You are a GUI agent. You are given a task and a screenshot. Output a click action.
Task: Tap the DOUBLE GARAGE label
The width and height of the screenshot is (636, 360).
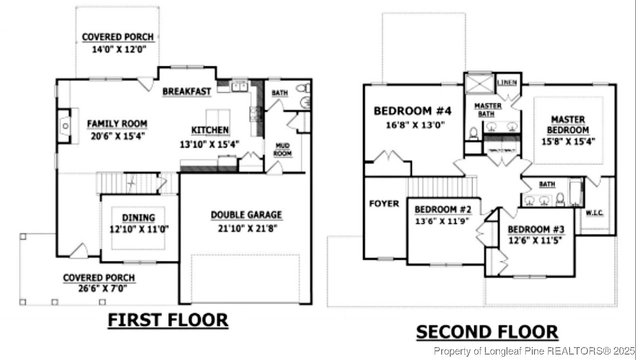click(246, 215)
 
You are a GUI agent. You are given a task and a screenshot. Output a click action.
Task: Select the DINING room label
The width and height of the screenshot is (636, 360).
click(138, 218)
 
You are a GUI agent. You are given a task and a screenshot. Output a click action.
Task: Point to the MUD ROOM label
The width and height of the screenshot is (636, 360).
click(283, 149)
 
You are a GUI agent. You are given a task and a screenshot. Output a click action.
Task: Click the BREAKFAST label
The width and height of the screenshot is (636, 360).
click(187, 92)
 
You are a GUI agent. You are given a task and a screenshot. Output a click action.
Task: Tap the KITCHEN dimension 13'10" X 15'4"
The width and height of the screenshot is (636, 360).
click(210, 144)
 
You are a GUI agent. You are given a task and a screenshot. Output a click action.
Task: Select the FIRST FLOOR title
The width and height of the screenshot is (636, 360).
click(168, 320)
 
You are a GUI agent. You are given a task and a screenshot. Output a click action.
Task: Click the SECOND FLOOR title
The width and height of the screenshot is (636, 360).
click(486, 332)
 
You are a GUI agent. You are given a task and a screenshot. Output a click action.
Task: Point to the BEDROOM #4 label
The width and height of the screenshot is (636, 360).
click(412, 111)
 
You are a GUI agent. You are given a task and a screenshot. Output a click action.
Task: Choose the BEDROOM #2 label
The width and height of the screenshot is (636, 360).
click(443, 209)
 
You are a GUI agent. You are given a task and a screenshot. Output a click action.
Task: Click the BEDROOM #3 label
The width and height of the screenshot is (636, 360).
click(536, 228)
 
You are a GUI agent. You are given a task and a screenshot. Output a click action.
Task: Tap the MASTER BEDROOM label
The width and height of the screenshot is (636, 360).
click(567, 125)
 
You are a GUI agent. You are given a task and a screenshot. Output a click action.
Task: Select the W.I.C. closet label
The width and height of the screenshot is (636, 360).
click(594, 213)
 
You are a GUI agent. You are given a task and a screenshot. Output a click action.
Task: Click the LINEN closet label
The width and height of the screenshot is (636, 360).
click(507, 83)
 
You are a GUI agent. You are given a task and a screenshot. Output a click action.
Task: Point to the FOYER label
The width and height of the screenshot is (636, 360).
click(384, 203)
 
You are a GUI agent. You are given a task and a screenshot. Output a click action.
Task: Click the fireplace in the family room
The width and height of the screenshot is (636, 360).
click(64, 126)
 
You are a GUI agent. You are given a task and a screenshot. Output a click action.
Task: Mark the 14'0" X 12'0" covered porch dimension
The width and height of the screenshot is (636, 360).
click(118, 49)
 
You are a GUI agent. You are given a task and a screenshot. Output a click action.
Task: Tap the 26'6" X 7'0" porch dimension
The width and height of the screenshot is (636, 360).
click(99, 288)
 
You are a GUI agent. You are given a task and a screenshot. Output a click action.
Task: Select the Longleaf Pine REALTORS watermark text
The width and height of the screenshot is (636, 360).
click(533, 351)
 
